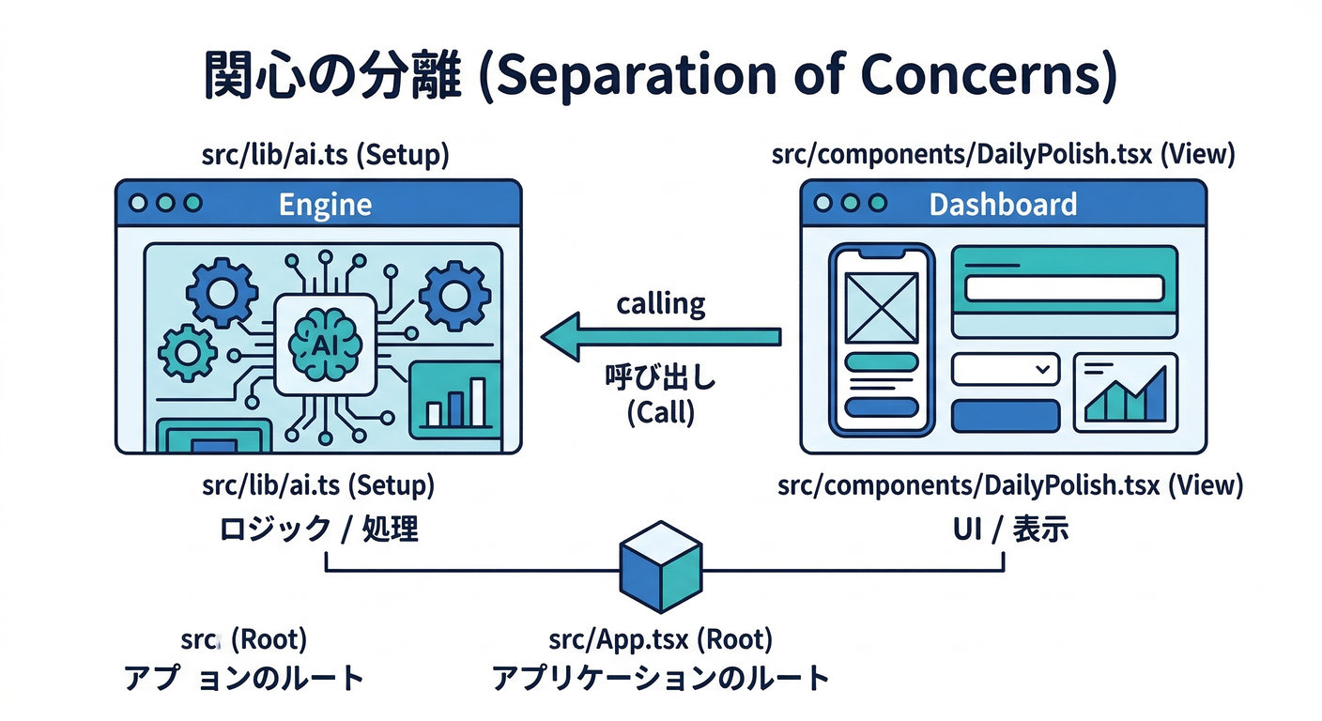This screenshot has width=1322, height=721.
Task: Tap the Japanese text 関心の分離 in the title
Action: (x=333, y=76)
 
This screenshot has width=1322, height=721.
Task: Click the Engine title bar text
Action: (x=325, y=204)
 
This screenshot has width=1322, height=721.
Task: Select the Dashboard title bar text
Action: (x=1003, y=204)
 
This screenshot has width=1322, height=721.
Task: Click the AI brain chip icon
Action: (x=324, y=343)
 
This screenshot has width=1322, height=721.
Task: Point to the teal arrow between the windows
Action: (x=661, y=336)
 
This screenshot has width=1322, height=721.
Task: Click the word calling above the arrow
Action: (x=661, y=303)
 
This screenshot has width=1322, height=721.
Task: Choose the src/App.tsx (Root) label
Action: (x=661, y=640)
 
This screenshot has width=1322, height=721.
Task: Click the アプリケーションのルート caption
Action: (x=661, y=678)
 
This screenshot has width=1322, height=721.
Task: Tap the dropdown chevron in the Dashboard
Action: (x=1041, y=370)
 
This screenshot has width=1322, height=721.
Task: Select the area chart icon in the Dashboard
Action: (x=1125, y=393)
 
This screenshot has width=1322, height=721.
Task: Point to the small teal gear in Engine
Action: (x=188, y=353)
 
